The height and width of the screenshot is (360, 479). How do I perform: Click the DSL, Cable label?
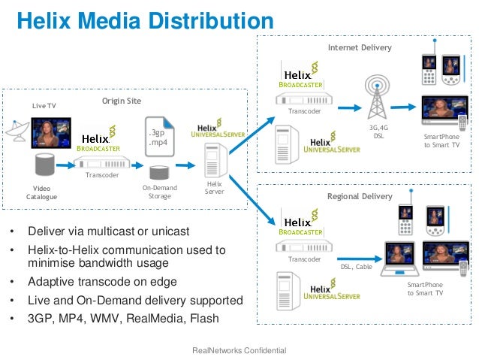(356, 266)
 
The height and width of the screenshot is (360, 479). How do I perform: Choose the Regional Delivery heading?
(360, 196)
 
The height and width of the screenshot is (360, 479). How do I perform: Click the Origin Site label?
(122, 101)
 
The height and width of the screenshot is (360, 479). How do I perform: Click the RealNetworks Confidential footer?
(239, 350)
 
